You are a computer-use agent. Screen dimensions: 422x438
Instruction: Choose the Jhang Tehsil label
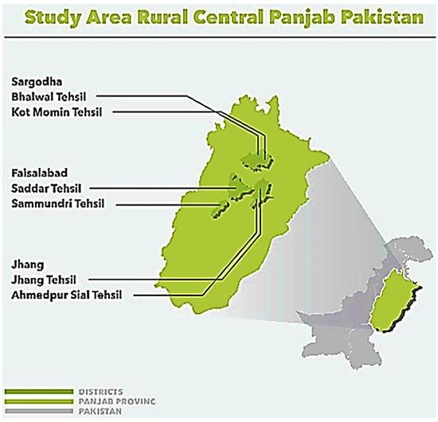45,279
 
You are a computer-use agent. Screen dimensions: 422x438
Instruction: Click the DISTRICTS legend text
100,392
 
